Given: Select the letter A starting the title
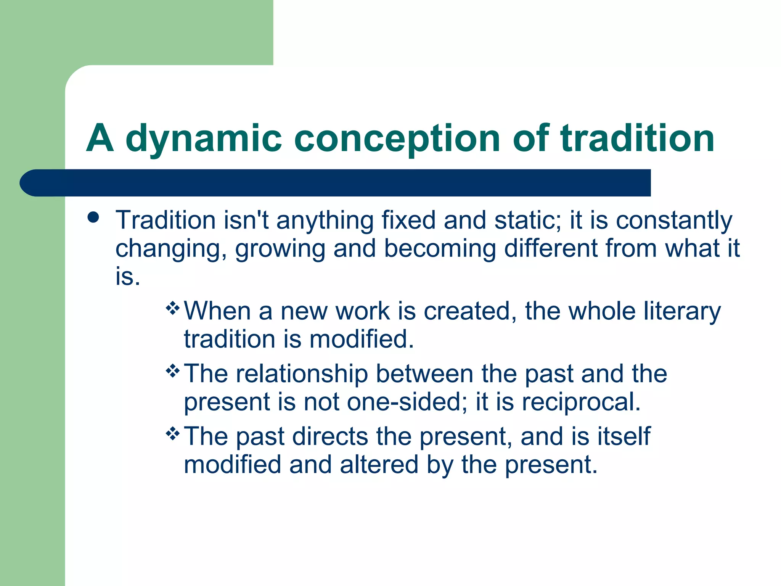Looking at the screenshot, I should click(100, 138).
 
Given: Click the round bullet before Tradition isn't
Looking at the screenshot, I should click(93, 218).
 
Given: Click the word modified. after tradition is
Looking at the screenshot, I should click(362, 339).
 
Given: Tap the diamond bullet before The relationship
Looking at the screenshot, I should click(173, 370).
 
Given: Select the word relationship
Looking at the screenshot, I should click(302, 374).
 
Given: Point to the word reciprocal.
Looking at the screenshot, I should click(581, 402).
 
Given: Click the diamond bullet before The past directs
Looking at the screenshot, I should click(173, 433).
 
